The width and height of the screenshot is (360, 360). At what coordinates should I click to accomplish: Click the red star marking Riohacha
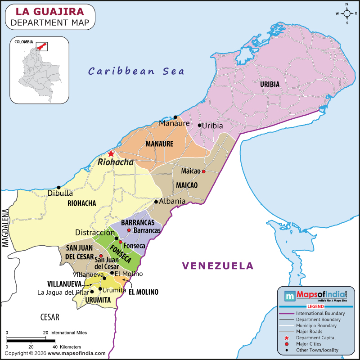point(111,153)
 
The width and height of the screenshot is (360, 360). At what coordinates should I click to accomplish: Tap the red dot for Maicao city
point(203,171)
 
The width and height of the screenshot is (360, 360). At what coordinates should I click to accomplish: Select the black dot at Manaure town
point(175,117)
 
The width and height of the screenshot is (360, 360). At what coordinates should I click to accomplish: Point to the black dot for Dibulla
point(58,187)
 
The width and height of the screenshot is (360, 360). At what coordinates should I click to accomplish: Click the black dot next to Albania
point(156,201)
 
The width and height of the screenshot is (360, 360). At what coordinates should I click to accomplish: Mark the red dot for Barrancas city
point(129,230)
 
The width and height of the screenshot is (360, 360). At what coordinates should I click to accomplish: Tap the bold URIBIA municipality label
point(270,84)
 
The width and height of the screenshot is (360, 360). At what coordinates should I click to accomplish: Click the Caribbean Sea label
point(136,71)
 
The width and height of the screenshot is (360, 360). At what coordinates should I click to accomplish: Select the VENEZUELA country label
point(218,265)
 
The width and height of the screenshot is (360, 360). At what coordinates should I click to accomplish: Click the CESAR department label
point(49,317)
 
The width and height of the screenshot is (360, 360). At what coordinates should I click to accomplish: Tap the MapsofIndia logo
point(315,296)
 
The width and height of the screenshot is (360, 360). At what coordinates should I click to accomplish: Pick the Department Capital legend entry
point(315,337)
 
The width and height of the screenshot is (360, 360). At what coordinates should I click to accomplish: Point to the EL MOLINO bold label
point(144,292)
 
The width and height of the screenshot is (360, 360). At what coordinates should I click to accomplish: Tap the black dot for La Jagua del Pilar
point(92,292)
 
